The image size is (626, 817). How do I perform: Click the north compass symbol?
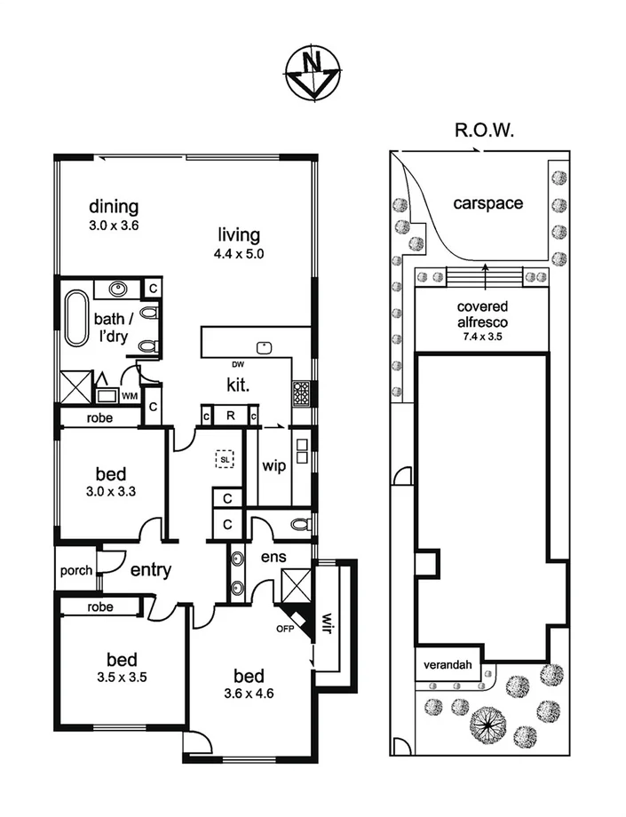pyautogui.click(x=312, y=72)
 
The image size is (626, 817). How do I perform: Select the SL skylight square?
pyautogui.click(x=224, y=458)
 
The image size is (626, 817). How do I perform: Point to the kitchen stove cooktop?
pyautogui.click(x=301, y=391)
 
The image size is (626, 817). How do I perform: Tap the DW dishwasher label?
pyautogui.click(x=236, y=365)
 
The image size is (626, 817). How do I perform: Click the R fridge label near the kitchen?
pyautogui.click(x=229, y=415)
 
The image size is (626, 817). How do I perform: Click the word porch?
pyautogui.click(x=75, y=570)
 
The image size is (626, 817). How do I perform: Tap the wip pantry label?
pyautogui.click(x=273, y=465)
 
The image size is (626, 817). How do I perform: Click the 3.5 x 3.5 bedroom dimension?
pyautogui.click(x=122, y=676)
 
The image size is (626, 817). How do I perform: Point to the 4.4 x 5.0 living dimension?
pyautogui.click(x=240, y=253)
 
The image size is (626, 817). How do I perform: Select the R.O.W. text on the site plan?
pyautogui.click(x=486, y=131)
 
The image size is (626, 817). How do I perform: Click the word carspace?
pyautogui.click(x=487, y=203)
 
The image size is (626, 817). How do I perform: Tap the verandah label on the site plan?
pyautogui.click(x=447, y=665)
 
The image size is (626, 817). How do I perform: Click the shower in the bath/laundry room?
pyautogui.click(x=75, y=385)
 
